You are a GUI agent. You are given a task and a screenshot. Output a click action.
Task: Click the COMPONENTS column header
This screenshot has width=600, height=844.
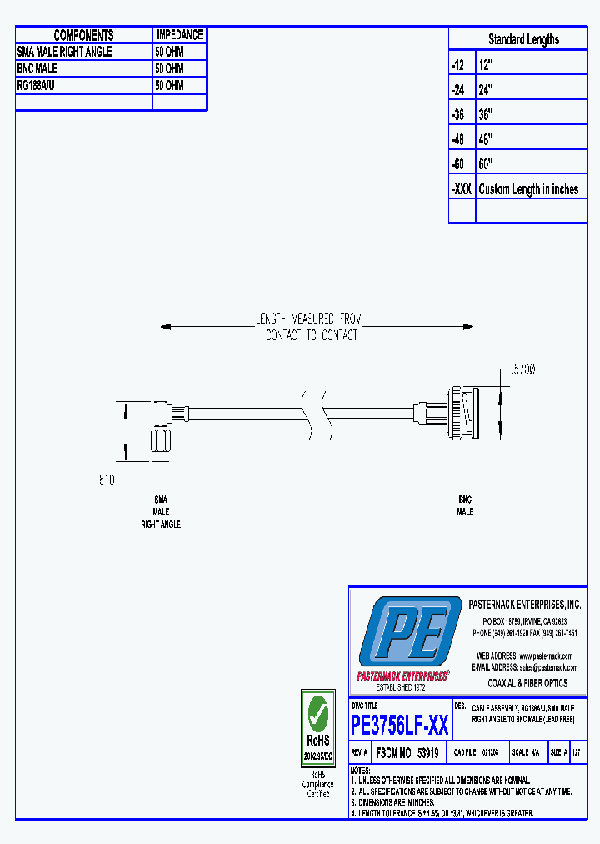pos(83,35)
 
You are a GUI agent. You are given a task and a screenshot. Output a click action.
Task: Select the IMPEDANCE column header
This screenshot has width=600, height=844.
pos(179,35)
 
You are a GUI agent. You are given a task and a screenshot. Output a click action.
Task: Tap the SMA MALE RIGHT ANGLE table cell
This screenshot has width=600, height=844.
pos(65,52)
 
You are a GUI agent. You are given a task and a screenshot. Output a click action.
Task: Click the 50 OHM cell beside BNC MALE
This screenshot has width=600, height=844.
pos(169,68)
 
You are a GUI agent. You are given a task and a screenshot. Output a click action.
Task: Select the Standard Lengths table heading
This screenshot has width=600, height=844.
pos(523,39)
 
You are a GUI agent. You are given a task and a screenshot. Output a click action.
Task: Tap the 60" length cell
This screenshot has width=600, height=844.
pos(486,164)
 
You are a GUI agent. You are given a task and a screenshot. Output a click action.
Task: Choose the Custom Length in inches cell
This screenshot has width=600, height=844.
pos(528,189)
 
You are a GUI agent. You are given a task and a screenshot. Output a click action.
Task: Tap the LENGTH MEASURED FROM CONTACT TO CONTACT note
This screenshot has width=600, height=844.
pos(309,327)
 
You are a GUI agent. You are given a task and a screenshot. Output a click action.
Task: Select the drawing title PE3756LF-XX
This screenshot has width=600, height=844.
pos(400,726)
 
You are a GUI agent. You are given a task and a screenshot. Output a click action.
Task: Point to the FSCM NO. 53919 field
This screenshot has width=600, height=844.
pos(407,752)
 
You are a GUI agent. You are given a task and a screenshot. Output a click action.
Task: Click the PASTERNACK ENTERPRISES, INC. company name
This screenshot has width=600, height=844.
pos(524,605)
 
